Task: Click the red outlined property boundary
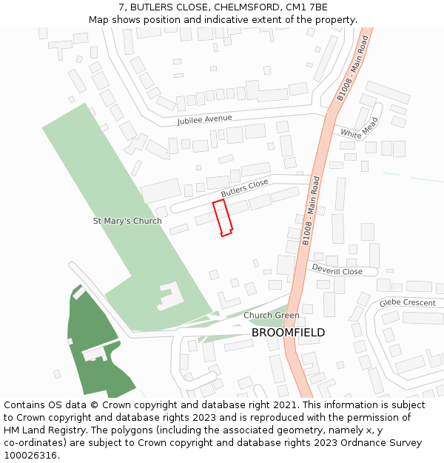(x=223, y=218)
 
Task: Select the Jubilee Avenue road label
(x=204, y=119)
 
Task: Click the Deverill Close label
(x=337, y=271)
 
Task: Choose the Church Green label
(x=272, y=316)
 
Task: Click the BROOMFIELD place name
(x=288, y=333)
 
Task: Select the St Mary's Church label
(x=127, y=221)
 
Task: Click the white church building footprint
(x=171, y=296)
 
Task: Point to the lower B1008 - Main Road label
(x=311, y=211)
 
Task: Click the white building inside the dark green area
(x=95, y=353)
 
